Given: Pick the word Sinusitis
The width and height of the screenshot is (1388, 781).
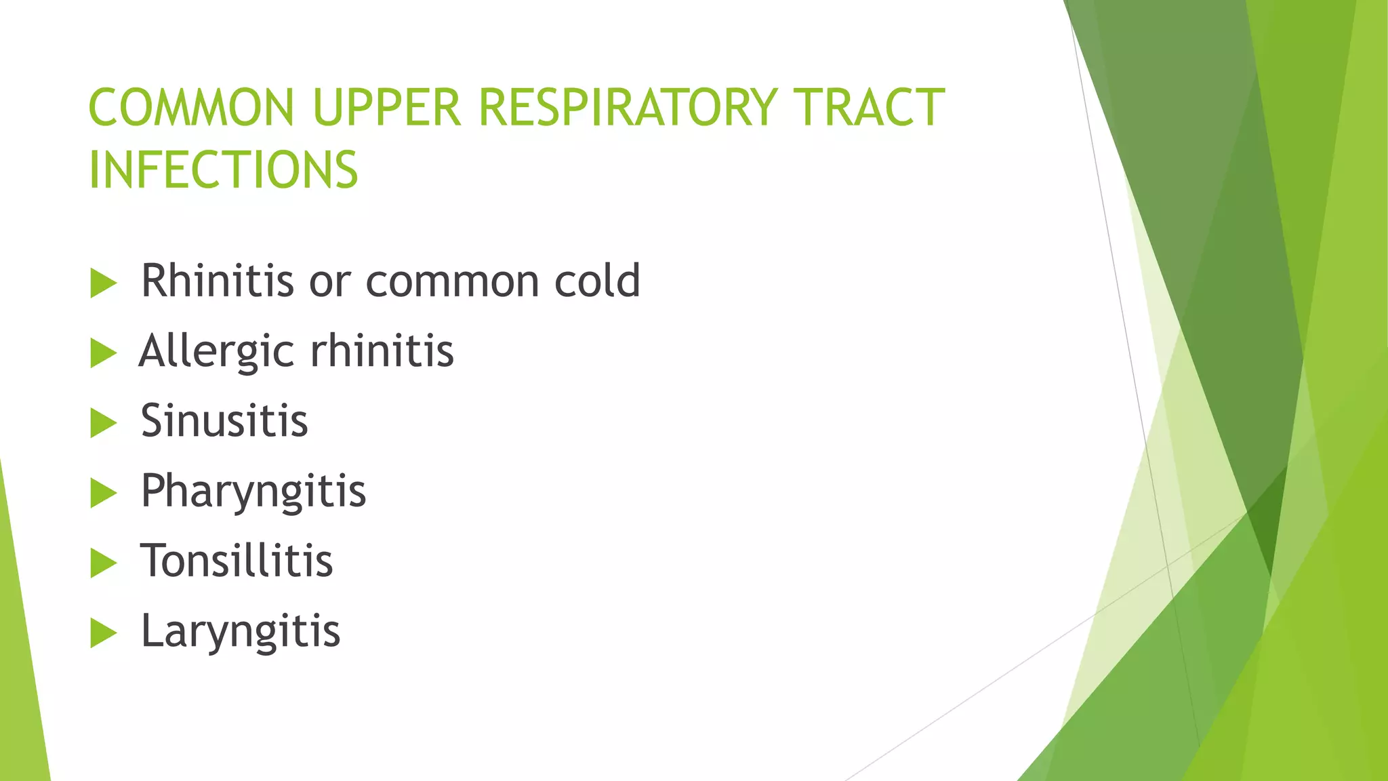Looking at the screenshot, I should [224, 420].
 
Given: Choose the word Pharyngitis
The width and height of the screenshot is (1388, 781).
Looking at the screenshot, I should [253, 491].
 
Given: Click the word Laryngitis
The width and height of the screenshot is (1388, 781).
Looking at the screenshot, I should [241, 631].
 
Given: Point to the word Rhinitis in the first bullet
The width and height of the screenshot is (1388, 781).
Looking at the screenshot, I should [218, 280].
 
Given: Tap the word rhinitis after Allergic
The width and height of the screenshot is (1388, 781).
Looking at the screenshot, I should [382, 351].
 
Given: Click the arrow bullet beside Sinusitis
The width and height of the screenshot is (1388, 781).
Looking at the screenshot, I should [103, 423].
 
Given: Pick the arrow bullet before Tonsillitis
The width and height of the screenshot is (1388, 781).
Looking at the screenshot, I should [103, 563].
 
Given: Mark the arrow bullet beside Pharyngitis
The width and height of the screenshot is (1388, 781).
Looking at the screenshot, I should [103, 493].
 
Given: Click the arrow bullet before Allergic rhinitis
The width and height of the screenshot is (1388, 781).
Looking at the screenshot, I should [103, 353].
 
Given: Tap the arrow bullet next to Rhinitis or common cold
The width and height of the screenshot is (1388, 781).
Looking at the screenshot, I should [103, 283].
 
